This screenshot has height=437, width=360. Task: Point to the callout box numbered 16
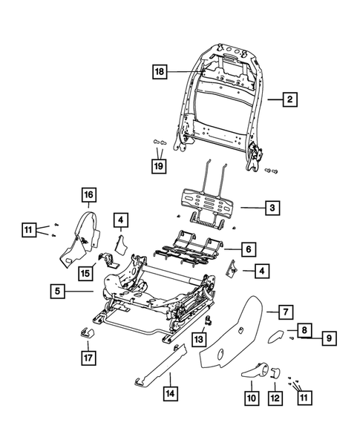(x=88, y=195)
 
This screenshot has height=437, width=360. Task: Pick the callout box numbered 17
(x=88, y=357)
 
